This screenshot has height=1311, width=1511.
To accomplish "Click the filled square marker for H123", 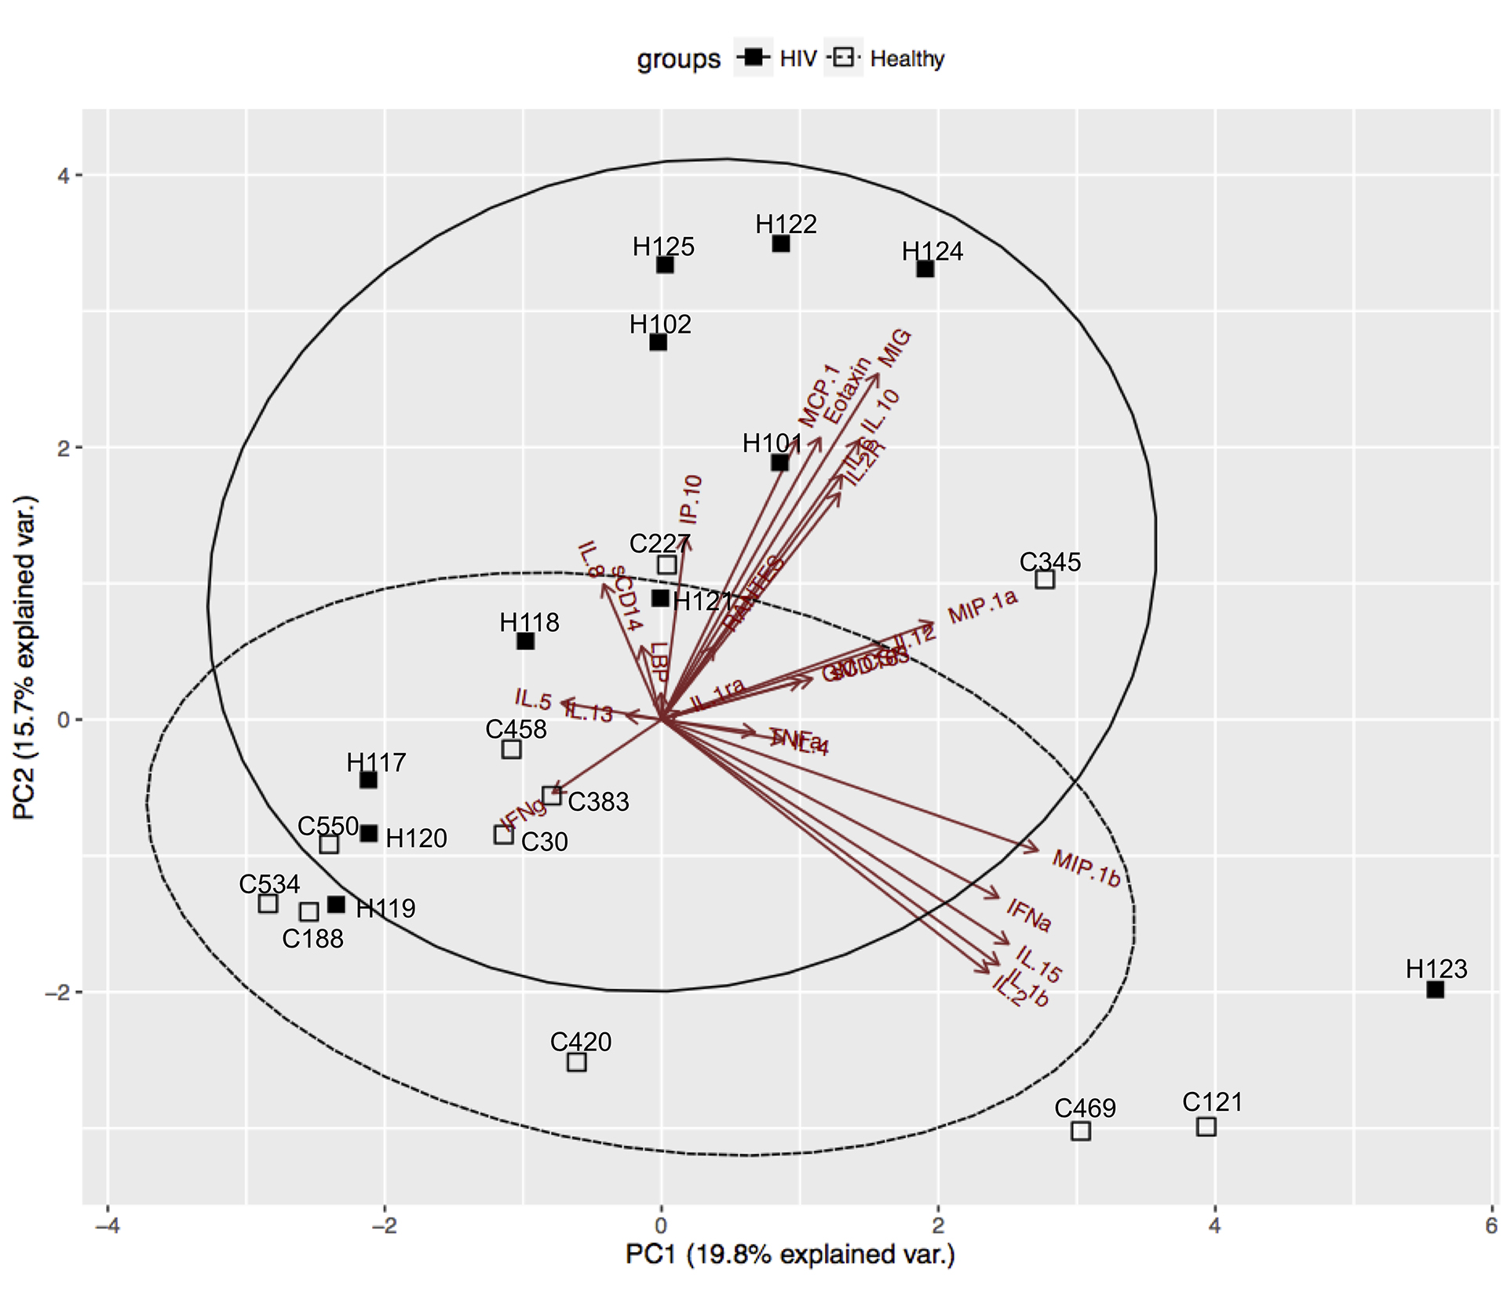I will click(x=1435, y=989).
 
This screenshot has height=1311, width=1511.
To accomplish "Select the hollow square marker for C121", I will click(x=1206, y=1127).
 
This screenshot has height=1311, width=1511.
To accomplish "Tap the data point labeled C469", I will click(x=1081, y=1130).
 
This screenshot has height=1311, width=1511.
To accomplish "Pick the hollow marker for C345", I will click(x=1045, y=579).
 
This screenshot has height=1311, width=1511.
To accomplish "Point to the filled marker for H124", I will click(x=925, y=268).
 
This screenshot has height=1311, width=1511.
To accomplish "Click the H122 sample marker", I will click(x=781, y=243).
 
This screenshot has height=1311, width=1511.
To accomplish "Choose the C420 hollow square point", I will click(x=577, y=1062).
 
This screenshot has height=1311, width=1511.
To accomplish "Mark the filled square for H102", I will click(x=659, y=342).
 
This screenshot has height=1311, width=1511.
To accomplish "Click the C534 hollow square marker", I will click(x=268, y=903).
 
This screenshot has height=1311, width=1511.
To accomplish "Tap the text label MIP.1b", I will click(x=1086, y=869).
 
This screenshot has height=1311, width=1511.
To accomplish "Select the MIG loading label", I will click(x=895, y=348).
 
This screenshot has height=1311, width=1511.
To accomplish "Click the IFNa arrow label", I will click(x=1029, y=915).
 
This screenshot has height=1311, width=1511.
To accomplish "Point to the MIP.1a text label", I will click(x=983, y=606).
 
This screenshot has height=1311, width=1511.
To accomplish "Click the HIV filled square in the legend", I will click(x=754, y=57).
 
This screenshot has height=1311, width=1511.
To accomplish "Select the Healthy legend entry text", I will click(x=907, y=59).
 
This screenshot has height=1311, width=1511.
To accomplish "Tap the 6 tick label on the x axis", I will click(x=1491, y=1226).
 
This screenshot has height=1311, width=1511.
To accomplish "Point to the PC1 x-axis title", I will click(x=790, y=1254).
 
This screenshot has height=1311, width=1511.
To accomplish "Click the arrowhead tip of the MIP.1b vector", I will click(x=1039, y=850).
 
